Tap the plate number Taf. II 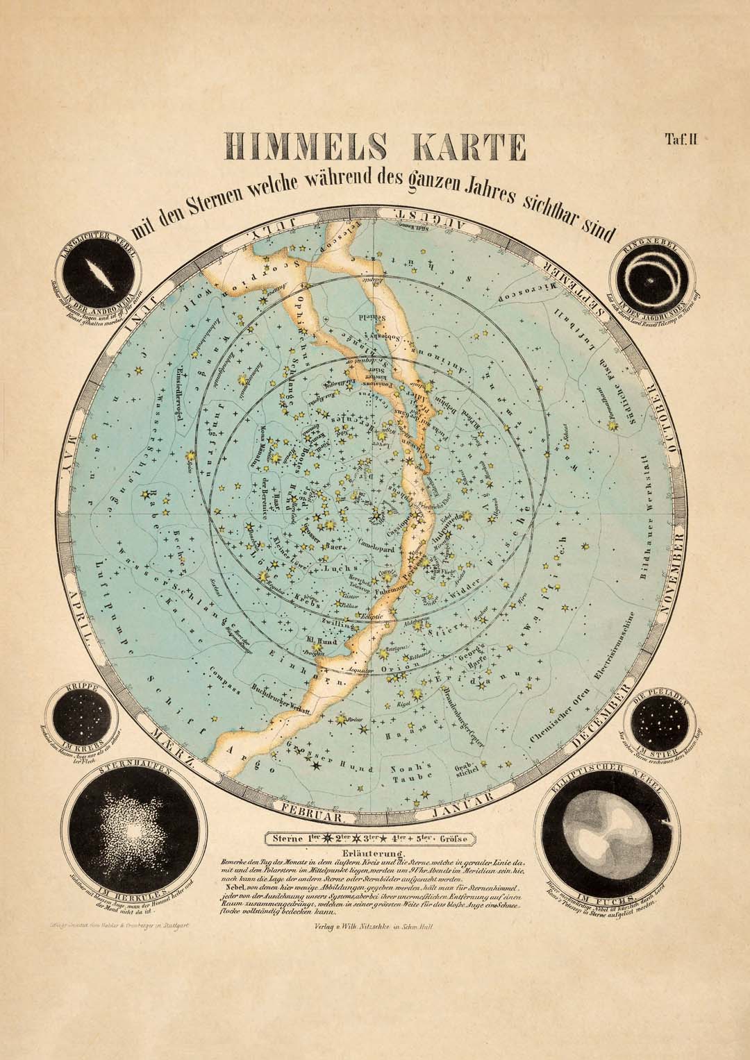[685, 139]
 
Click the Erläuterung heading [374, 853]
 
